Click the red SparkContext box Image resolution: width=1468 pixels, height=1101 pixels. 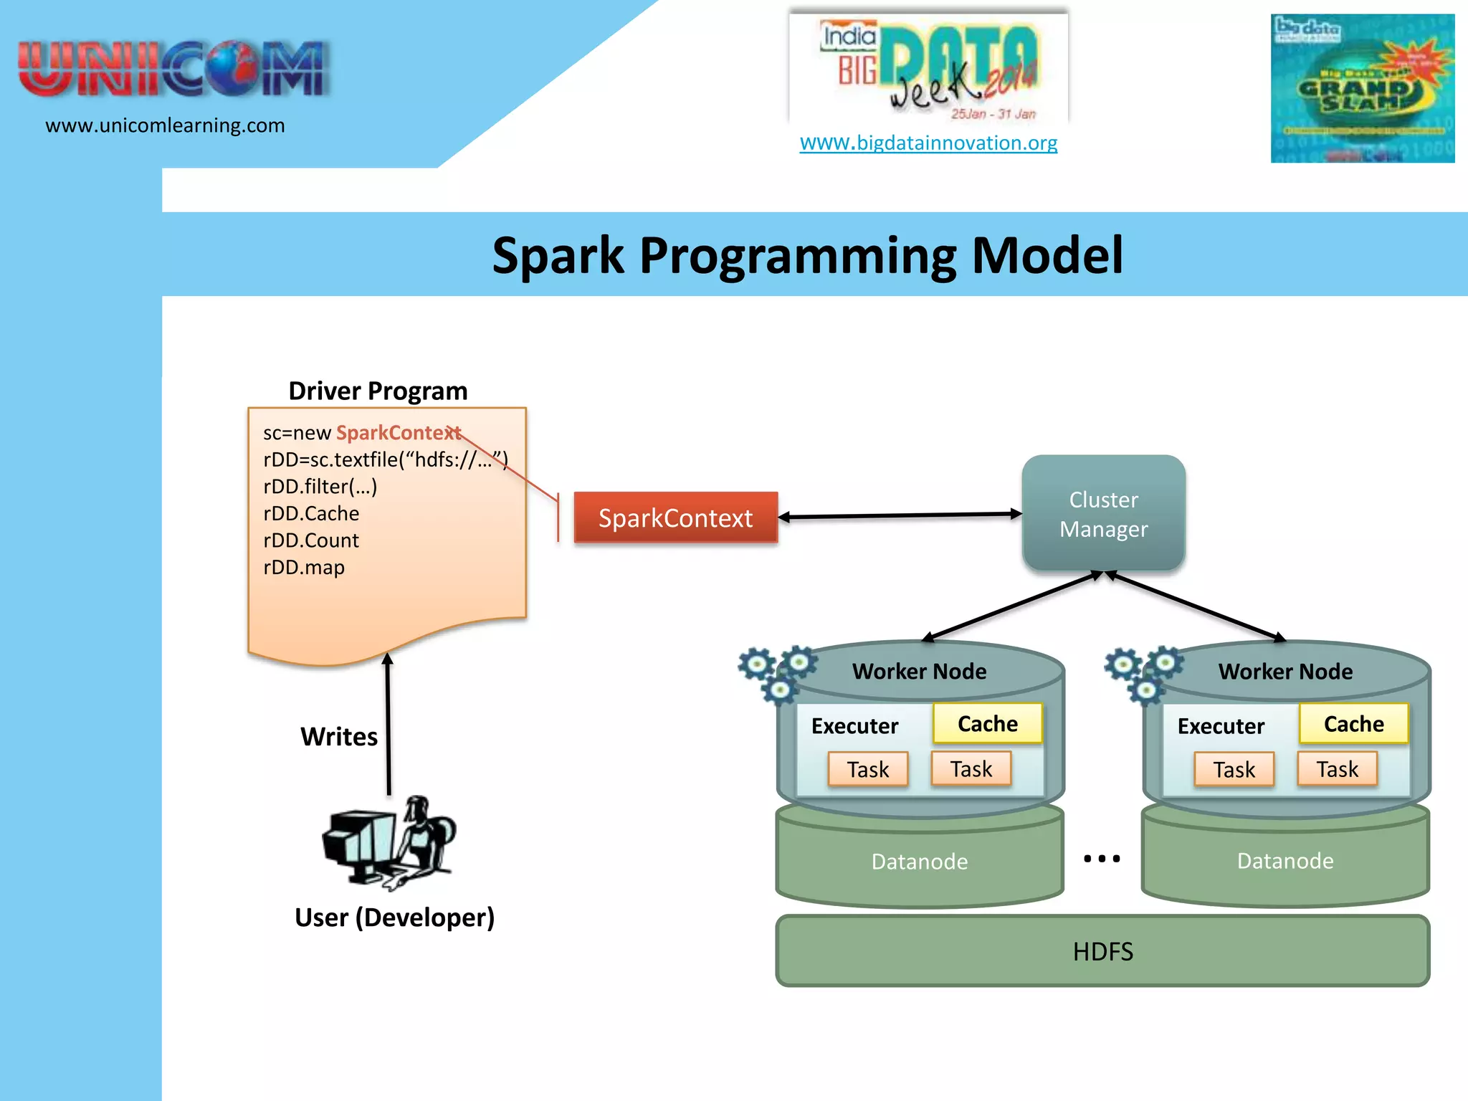(x=675, y=518)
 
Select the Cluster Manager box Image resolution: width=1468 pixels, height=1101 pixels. (x=1103, y=513)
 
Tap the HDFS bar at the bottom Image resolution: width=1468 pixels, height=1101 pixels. (x=1102, y=951)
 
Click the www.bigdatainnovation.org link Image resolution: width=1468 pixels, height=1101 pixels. (x=928, y=143)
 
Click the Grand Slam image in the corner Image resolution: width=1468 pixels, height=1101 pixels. (x=1362, y=88)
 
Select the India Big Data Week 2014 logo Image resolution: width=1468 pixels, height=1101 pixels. (x=928, y=68)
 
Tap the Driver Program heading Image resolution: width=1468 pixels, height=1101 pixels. (x=378, y=391)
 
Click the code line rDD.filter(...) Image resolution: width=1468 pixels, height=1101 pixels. (x=320, y=487)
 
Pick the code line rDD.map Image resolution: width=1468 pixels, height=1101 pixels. (x=304, y=567)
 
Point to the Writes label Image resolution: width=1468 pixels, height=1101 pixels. (x=339, y=736)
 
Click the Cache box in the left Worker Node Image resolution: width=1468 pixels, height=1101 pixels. (x=987, y=723)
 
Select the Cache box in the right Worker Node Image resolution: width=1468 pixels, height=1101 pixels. (x=1353, y=723)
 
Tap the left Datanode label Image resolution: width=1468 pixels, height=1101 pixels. (x=919, y=861)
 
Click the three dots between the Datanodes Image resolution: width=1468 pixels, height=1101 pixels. (x=1102, y=858)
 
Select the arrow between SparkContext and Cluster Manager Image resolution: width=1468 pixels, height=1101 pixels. (x=900, y=515)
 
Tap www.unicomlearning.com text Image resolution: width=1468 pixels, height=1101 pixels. (x=165, y=125)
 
